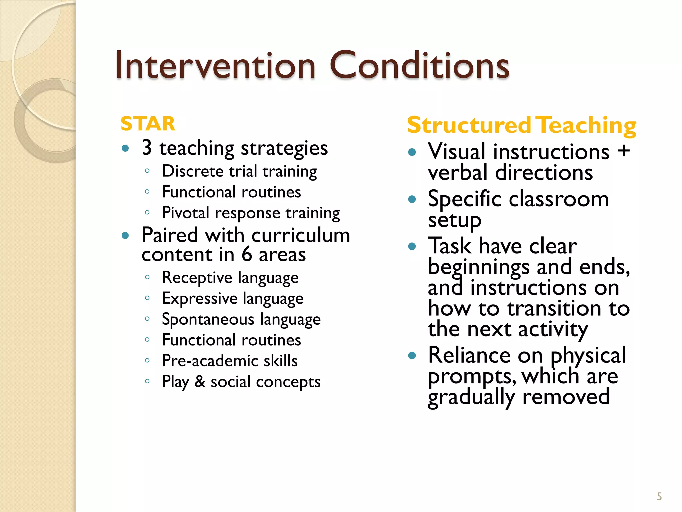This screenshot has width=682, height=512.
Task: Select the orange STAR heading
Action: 148,124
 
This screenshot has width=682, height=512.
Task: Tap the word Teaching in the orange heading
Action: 587,125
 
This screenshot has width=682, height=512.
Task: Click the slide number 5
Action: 659,496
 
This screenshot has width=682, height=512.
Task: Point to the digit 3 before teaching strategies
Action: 147,148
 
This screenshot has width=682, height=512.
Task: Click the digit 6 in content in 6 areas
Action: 247,255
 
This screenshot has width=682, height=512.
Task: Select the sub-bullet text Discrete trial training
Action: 239,171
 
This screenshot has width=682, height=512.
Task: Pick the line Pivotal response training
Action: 250,213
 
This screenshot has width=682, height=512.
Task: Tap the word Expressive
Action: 199,298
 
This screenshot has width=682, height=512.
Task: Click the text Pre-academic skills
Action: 229,361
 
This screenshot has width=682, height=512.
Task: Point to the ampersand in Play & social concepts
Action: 200,381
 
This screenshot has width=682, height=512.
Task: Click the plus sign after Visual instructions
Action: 623,151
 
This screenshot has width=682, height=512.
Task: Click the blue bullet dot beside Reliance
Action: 412,355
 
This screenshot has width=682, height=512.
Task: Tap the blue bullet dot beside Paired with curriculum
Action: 125,236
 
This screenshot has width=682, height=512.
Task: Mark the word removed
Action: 566,397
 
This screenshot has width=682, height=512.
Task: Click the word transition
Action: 554,308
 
